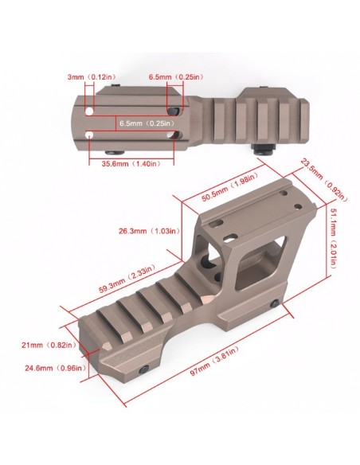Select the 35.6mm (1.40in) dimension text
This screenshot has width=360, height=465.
coord(131,163)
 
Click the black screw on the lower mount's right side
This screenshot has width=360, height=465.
coord(277,304)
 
